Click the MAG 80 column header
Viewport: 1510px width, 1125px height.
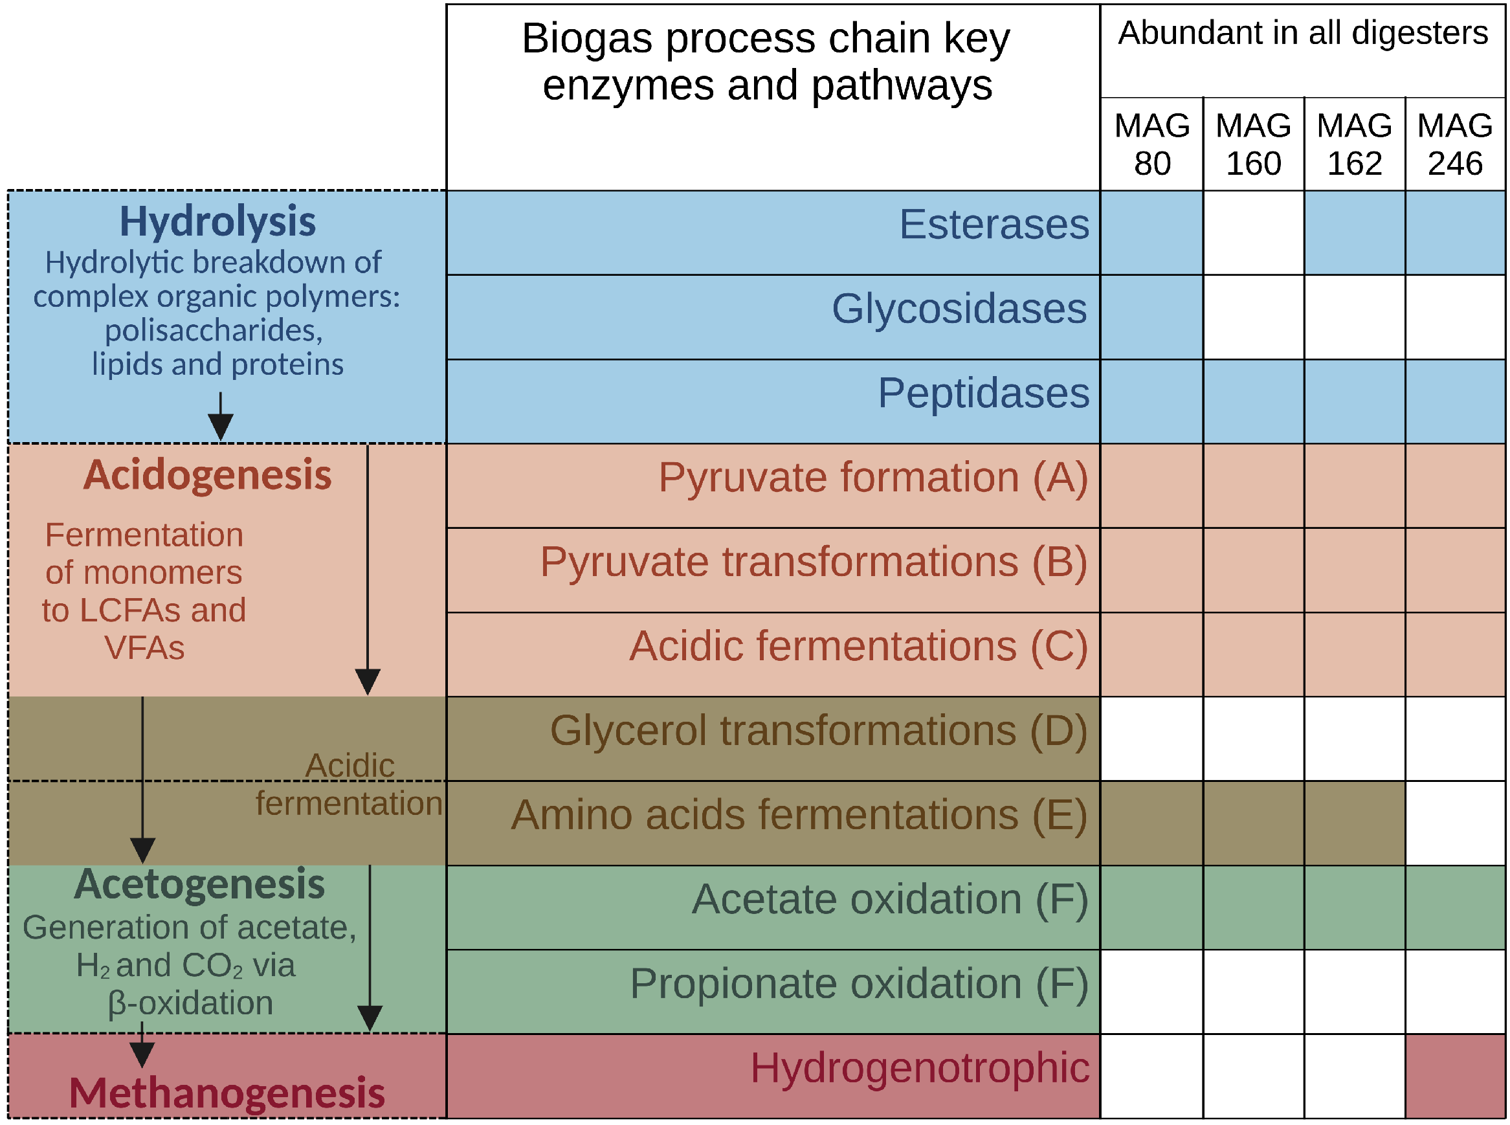(1151, 144)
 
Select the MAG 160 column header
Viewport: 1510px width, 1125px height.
(1252, 144)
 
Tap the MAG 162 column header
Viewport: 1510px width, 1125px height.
(1353, 144)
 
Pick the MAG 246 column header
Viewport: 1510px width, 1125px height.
(1454, 144)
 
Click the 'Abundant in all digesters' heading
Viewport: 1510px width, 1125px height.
(1302, 32)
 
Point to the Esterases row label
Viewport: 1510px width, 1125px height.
(994, 224)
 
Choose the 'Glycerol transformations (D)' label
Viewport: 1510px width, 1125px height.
(817, 731)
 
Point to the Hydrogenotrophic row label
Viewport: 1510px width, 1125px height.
(919, 1068)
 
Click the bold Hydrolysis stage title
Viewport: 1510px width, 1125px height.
(217, 221)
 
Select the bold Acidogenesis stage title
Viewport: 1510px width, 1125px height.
(207, 474)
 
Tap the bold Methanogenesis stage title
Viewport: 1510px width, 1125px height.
(227, 1093)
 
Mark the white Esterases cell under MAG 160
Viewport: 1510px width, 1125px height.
(1252, 233)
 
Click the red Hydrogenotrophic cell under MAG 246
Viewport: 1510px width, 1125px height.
(1454, 1076)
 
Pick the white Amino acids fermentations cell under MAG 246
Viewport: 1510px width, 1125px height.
(1454, 823)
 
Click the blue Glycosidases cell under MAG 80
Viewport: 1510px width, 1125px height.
(1151, 317)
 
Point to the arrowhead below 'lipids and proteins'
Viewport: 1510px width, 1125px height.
(220, 427)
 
